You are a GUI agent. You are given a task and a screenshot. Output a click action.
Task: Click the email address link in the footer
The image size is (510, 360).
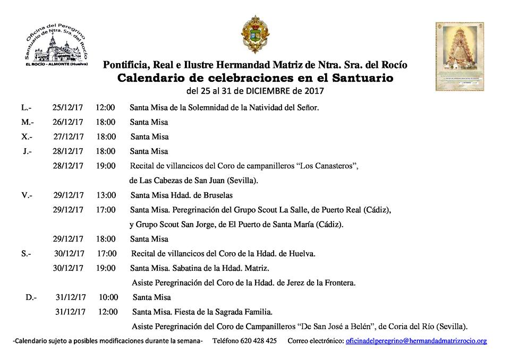416,341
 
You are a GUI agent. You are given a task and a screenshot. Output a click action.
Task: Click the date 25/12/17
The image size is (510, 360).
67,108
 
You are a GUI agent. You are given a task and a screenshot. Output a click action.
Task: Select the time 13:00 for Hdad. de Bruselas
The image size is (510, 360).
106,195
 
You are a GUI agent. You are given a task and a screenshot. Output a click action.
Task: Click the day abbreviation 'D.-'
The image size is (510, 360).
31,297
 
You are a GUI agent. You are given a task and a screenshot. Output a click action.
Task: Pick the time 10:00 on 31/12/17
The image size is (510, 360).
108,297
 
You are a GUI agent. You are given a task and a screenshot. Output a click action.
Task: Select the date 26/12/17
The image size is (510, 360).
67,122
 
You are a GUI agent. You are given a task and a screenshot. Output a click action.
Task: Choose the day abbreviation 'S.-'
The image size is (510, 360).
27,254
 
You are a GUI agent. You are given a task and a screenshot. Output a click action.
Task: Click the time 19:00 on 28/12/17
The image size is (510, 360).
106,166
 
